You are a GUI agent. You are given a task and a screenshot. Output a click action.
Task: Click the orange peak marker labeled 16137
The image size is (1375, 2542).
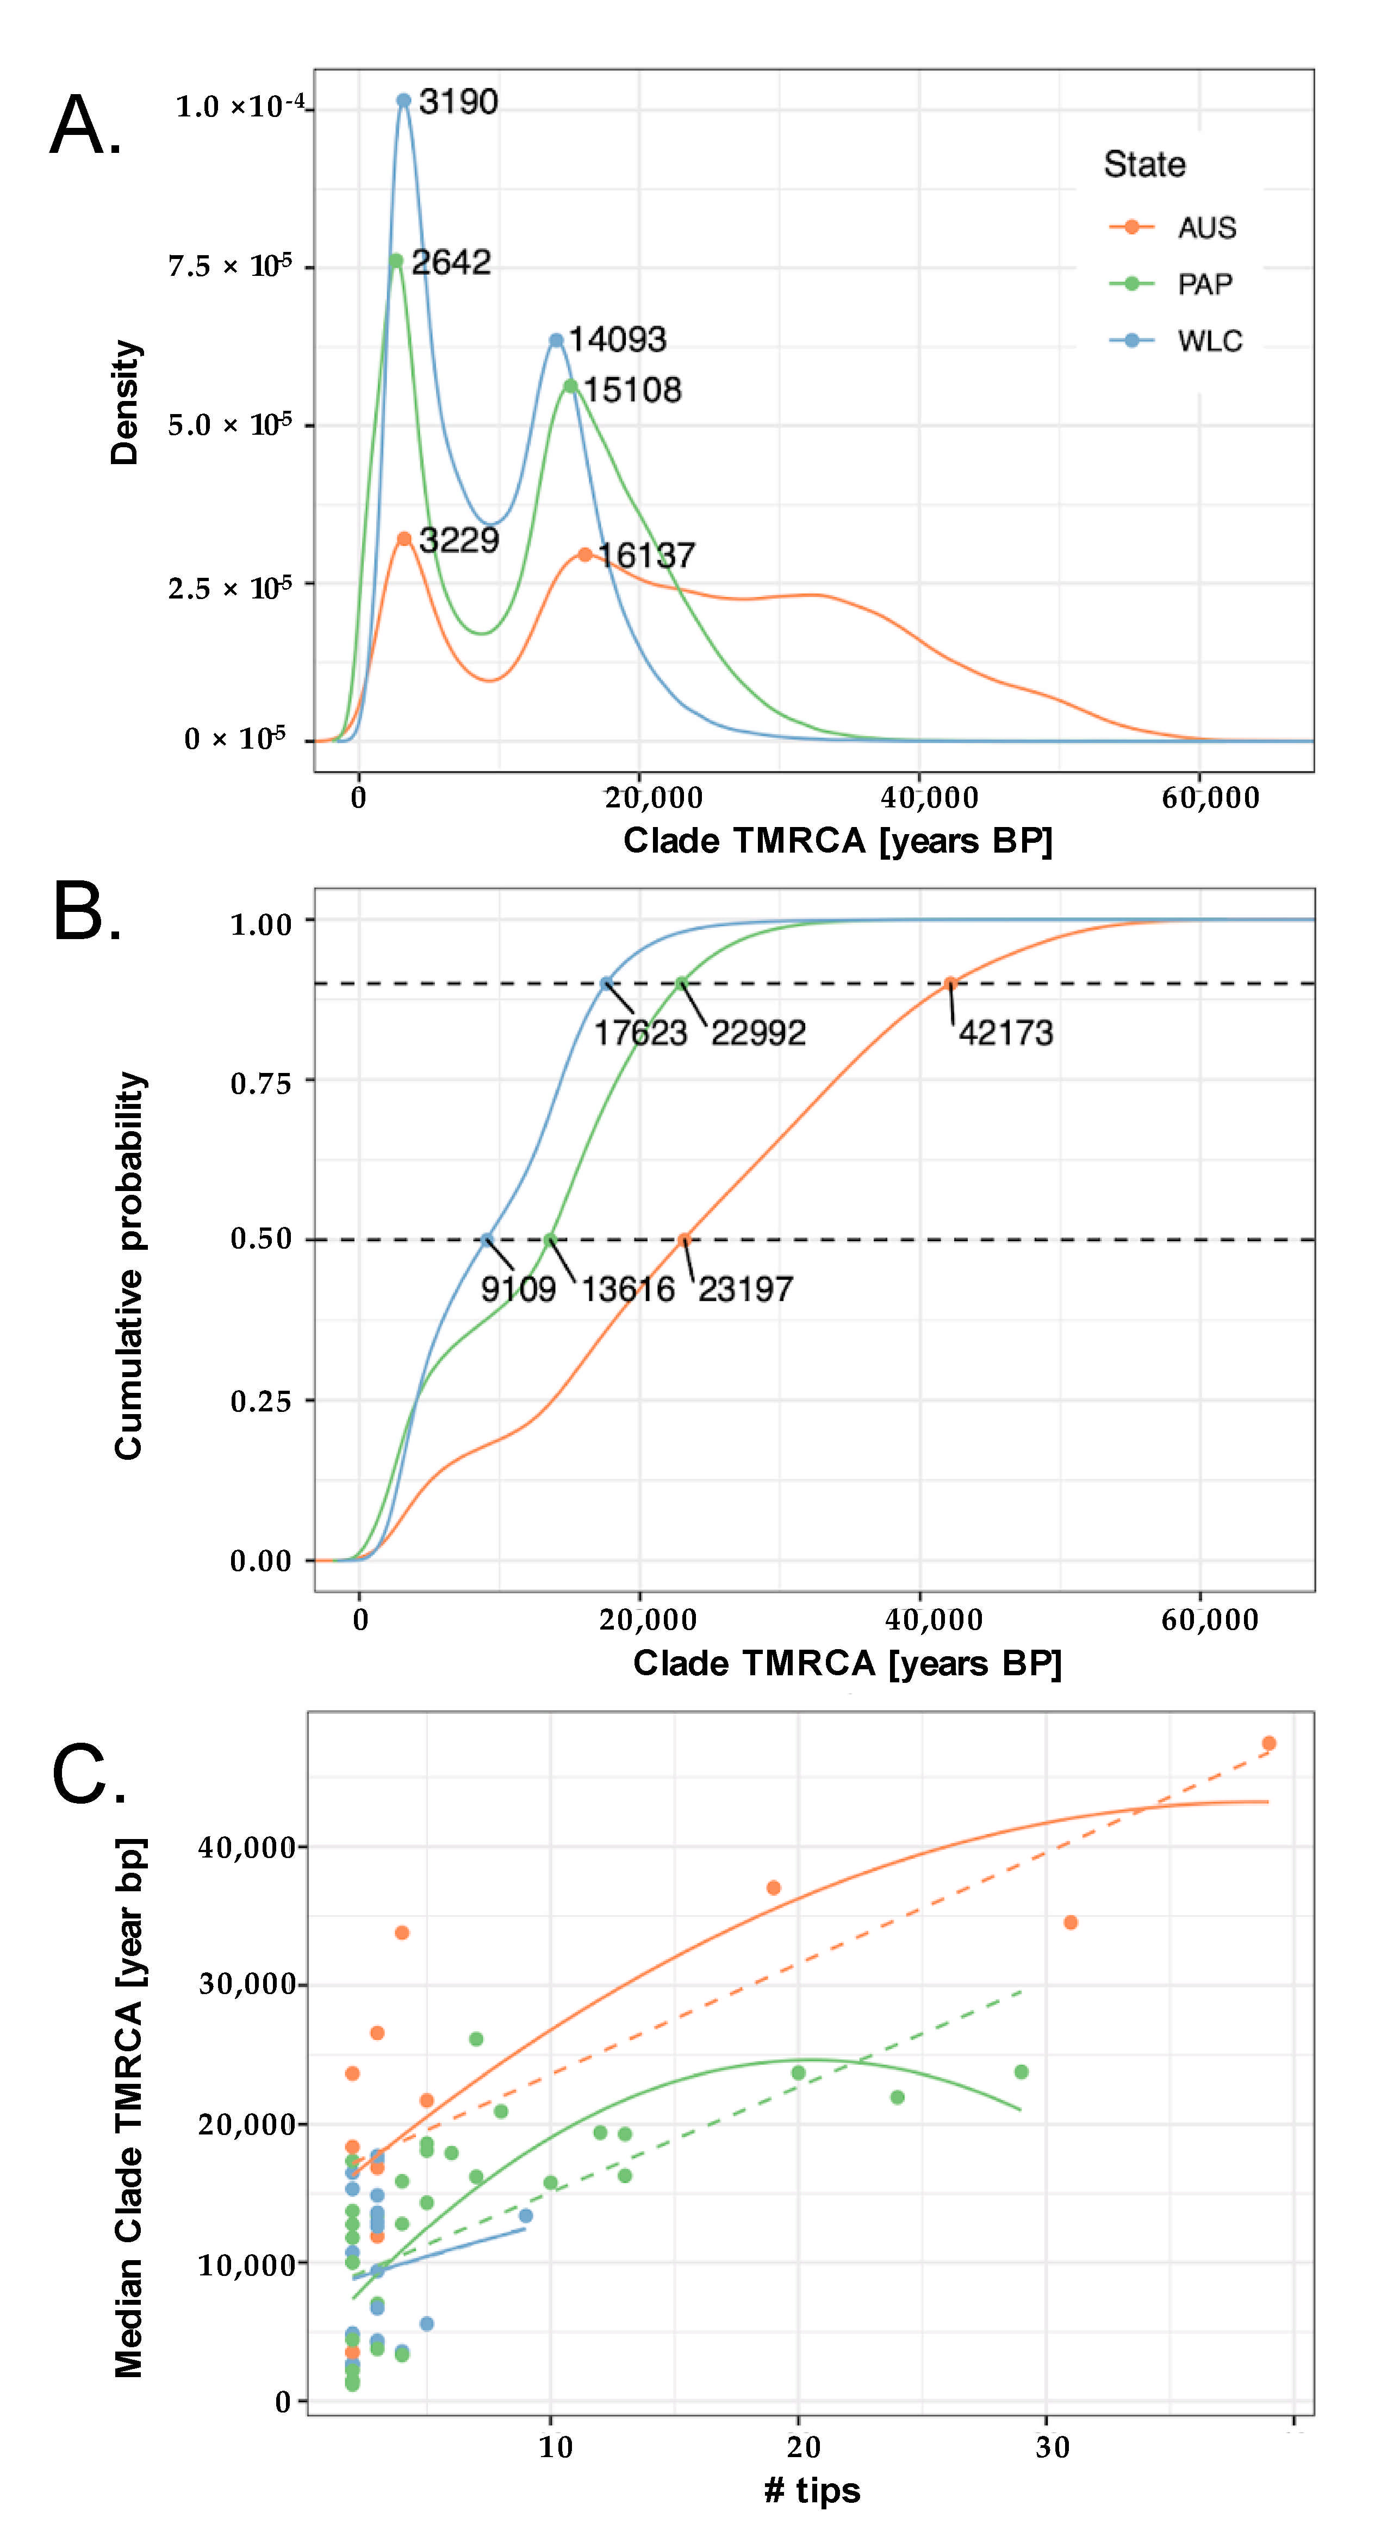point(585,554)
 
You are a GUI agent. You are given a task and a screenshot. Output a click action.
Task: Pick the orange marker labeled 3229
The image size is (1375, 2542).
point(403,539)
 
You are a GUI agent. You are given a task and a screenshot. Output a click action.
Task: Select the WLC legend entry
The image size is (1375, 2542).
point(1176,342)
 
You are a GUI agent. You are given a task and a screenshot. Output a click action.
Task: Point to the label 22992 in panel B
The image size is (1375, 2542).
point(758,1033)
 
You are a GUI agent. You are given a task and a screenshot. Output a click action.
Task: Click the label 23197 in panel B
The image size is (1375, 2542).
point(746,1289)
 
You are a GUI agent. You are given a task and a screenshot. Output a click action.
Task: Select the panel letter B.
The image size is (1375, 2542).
point(87,913)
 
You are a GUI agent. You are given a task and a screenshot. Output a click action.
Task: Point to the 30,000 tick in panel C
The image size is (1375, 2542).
point(247,1984)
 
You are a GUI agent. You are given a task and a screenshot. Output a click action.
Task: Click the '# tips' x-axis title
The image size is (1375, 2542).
point(812,2490)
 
